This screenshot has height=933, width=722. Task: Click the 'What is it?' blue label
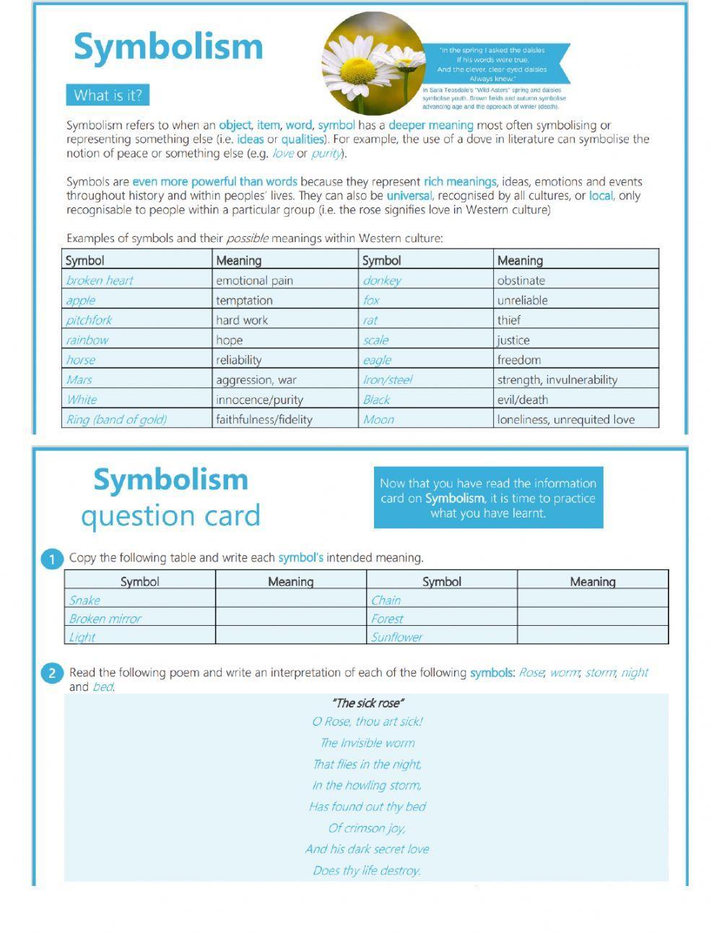click(x=108, y=95)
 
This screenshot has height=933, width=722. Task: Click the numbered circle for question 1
click(x=52, y=559)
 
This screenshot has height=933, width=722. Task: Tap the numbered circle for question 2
click(x=52, y=674)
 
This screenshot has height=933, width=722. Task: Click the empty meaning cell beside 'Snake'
click(x=290, y=600)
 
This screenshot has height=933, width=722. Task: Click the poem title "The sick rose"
click(x=367, y=702)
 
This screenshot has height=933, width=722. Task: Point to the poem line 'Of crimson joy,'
click(x=367, y=827)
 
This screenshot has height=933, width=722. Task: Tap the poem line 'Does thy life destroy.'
click(x=367, y=870)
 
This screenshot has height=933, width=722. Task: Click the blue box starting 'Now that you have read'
click(x=488, y=498)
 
